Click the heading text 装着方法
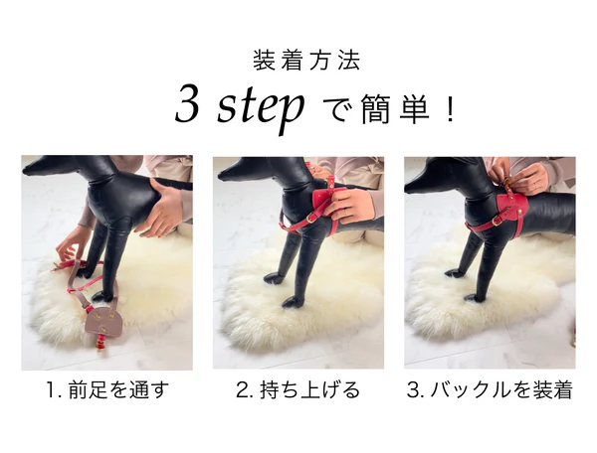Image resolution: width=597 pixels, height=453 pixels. (306, 61)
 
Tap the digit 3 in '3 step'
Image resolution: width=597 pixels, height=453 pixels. (187, 103)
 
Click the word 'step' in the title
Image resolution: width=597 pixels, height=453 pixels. (261, 107)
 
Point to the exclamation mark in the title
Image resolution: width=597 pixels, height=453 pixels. (451, 109)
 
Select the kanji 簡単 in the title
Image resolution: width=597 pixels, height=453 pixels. (395, 109)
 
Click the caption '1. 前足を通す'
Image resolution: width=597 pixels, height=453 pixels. (107, 389)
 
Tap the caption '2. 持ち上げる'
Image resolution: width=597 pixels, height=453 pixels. (298, 389)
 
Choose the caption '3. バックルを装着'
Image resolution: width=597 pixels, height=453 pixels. (490, 389)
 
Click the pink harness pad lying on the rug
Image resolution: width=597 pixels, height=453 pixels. (103, 322)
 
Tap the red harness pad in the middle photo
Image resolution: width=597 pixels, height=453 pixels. (322, 199)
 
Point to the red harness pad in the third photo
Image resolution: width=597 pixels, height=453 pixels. (511, 207)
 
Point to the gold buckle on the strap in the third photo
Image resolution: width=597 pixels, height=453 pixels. (496, 221)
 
